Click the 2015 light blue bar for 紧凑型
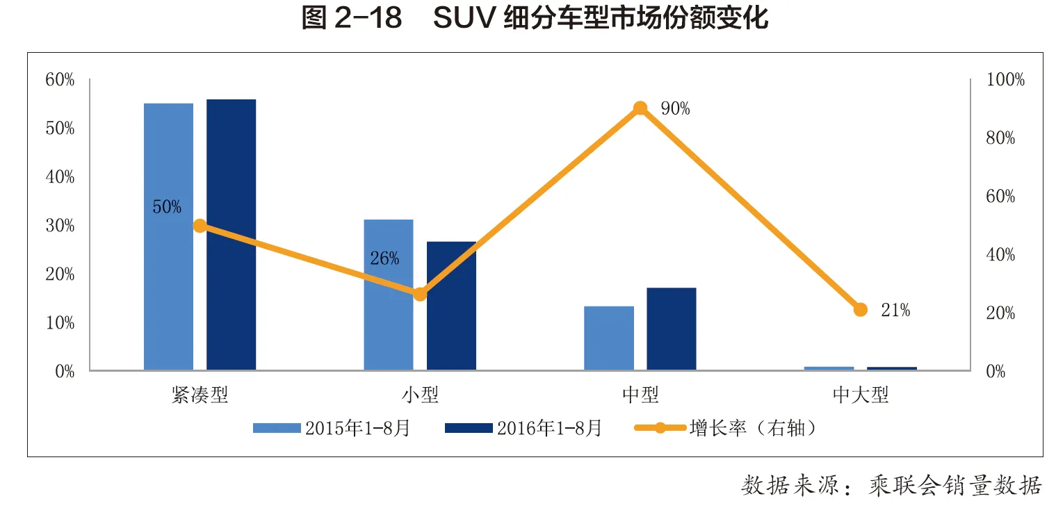click(168, 237)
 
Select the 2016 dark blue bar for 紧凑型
click(231, 235)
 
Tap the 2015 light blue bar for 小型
click(389, 295)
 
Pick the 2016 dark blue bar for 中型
click(672, 329)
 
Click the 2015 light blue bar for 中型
click(608, 338)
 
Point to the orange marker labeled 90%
click(640, 108)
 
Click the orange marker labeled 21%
click(861, 310)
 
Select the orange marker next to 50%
click(200, 226)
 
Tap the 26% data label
click(384, 258)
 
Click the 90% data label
click(675, 108)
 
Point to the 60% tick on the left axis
click(60, 80)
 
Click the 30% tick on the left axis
click(60, 226)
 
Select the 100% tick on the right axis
click(1005, 79)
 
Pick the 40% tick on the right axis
click(1000, 255)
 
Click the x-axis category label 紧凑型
click(200, 395)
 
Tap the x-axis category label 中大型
click(861, 395)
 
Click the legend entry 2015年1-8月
click(332, 428)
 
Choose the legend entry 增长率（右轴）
click(726, 428)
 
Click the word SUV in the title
click(464, 18)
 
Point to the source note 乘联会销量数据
click(955, 486)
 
